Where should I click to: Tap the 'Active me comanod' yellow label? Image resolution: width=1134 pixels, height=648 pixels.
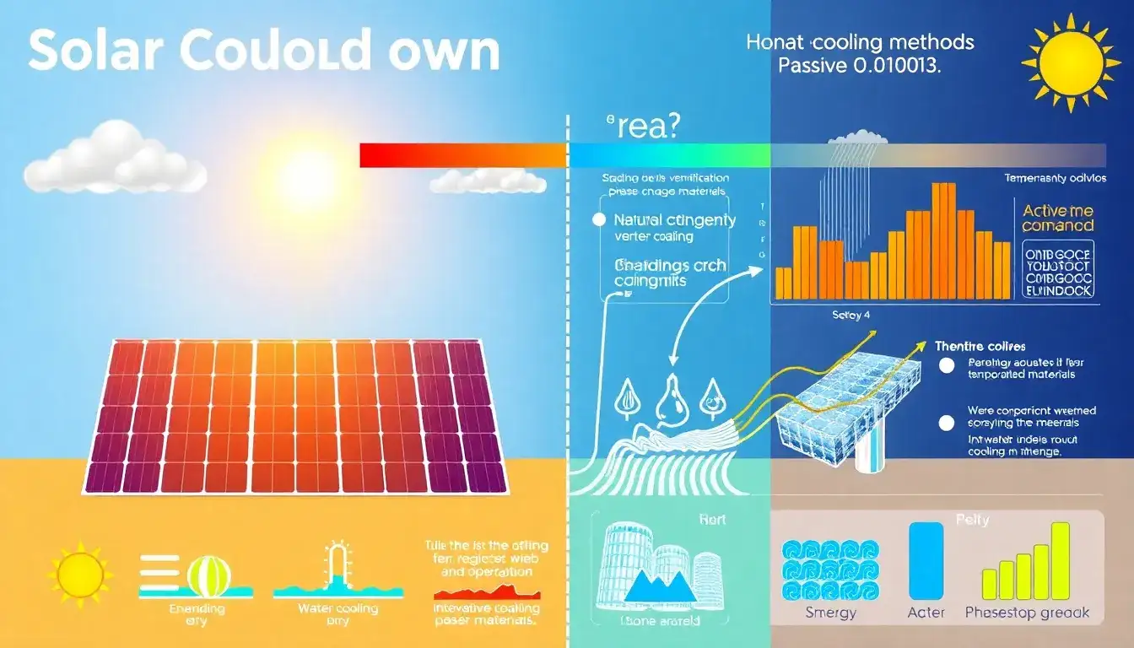pyautogui.click(x=1057, y=218)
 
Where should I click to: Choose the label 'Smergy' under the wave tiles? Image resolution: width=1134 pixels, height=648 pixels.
pyautogui.click(x=830, y=613)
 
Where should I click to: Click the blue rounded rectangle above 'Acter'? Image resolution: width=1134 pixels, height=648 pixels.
pyautogui.click(x=926, y=560)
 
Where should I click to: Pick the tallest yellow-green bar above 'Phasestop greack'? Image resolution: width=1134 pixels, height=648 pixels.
pyautogui.click(x=1060, y=560)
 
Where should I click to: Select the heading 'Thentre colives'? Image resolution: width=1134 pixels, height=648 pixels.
pyautogui.click(x=980, y=346)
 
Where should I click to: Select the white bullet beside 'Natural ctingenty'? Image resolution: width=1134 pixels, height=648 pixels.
pyautogui.click(x=599, y=220)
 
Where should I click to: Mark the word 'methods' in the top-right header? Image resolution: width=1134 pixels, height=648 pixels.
pyautogui.click(x=933, y=42)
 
